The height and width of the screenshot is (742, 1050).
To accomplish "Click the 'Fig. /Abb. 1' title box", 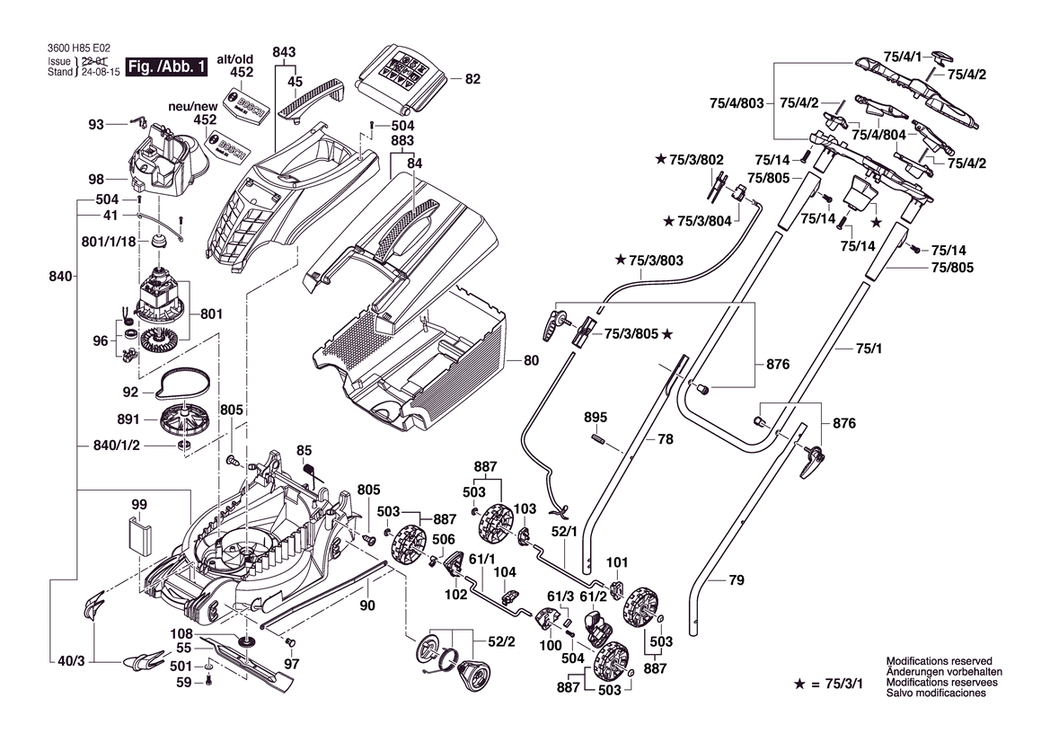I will [168, 66].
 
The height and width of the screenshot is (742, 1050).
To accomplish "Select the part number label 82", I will [472, 79].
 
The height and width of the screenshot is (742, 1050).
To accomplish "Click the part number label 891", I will [128, 420].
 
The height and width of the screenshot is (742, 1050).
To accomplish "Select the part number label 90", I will [366, 606].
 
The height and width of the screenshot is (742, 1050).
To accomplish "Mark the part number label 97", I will [291, 664].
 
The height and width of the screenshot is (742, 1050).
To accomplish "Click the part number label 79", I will [736, 581].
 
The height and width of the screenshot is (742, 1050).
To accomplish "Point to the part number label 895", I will [596, 418].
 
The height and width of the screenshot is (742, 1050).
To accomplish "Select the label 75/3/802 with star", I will [690, 159].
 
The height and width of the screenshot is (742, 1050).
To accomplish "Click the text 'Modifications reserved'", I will [939, 660].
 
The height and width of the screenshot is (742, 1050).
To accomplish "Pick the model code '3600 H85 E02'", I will [78, 50].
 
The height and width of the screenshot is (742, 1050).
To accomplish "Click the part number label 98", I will [96, 178].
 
